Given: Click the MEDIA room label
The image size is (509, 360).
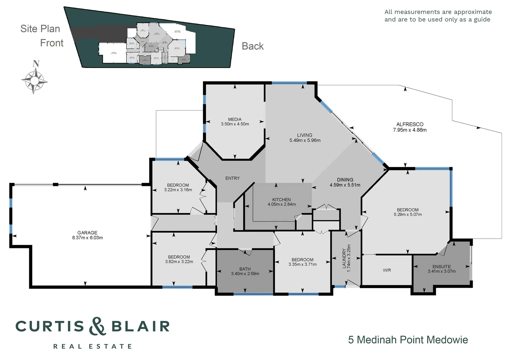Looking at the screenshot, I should coord(235,119).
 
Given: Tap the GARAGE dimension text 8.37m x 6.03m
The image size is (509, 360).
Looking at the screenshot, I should coord(87,238).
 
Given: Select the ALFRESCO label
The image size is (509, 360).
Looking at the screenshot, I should coord(410,124).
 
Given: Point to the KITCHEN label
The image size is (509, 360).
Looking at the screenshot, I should coord(281,200).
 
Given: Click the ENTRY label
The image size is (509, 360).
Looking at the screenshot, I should coord(232,178).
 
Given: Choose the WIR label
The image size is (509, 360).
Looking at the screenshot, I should coord(387,270).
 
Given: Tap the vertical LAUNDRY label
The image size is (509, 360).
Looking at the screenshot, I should coord(344,258).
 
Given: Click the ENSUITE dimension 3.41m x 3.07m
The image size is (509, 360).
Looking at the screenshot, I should coord(442,271).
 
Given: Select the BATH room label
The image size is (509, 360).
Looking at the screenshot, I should coord(245,269).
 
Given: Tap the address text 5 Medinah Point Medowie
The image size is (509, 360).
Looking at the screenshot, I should coord(408,340).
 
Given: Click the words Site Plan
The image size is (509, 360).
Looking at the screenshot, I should coord(40,29).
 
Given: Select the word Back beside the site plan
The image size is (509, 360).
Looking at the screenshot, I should coord(253,46).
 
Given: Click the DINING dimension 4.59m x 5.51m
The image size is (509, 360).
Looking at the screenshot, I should coord(345,185).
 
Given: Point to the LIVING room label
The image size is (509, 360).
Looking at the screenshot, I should coord(304,135).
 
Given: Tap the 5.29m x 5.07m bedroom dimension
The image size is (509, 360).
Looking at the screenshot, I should coord(407,215).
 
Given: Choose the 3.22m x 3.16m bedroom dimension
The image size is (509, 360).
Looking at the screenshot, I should coord(178,190).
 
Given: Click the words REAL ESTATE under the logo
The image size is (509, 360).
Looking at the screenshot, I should coord(93,347).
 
